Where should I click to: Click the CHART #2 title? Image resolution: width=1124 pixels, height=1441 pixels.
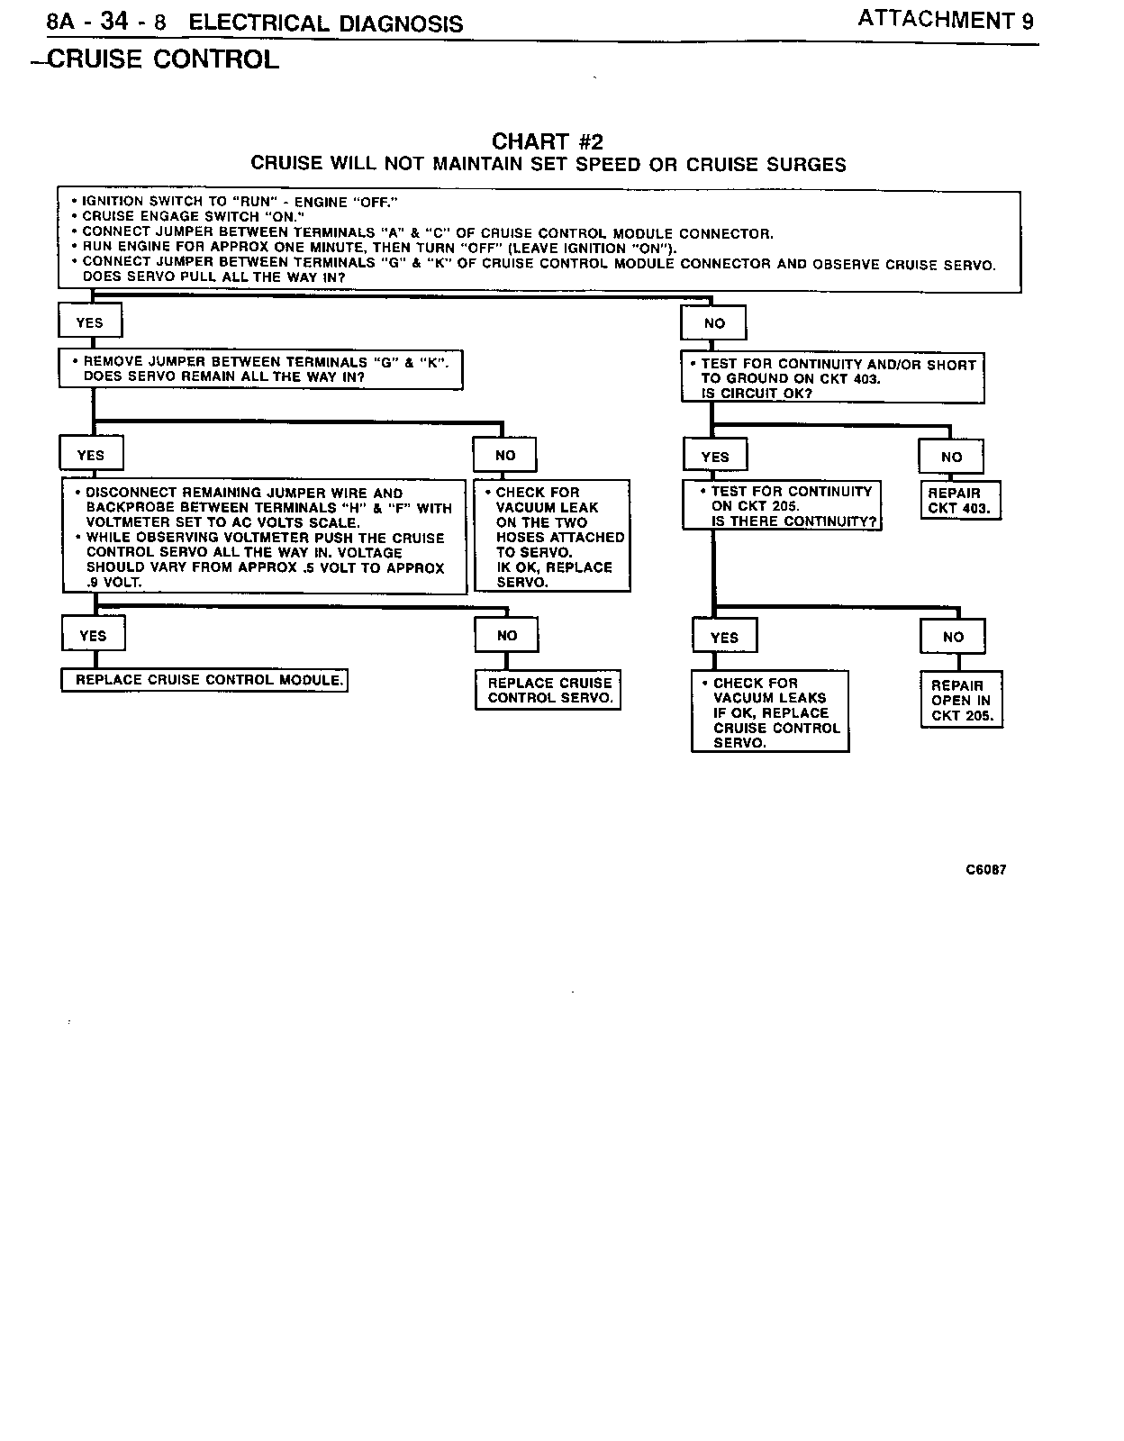click(x=547, y=141)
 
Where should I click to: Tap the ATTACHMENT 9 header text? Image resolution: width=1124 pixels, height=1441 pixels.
click(x=945, y=20)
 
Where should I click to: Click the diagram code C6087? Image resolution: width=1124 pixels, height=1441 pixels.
click(x=985, y=870)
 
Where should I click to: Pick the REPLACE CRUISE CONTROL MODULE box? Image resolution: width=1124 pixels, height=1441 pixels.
click(x=204, y=680)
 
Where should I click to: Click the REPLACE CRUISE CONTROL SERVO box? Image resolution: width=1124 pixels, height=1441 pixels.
click(x=548, y=691)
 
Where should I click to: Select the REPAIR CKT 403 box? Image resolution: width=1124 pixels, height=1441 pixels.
click(x=959, y=501)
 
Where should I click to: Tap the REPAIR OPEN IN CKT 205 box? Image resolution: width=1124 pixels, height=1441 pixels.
click(x=961, y=700)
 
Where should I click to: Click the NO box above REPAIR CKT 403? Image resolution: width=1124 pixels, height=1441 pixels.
click(x=951, y=457)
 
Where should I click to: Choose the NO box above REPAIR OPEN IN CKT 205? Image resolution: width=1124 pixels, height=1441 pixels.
click(x=953, y=637)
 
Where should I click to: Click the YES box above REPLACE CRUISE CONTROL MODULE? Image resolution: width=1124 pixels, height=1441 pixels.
click(x=93, y=635)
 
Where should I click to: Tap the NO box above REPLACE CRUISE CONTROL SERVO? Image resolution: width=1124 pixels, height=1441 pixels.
click(x=507, y=635)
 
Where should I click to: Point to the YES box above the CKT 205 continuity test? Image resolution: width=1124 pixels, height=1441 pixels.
click(x=715, y=457)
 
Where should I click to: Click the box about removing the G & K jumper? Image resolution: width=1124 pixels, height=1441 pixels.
click(x=260, y=369)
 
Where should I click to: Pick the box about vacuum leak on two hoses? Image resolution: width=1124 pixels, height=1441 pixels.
click(x=552, y=537)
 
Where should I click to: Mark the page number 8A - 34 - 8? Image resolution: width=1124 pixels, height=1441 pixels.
click(x=106, y=23)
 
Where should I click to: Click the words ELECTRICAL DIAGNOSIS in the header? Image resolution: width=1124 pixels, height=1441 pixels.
click(x=326, y=23)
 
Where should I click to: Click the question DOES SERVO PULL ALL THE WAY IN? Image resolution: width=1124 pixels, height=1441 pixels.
click(x=214, y=278)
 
